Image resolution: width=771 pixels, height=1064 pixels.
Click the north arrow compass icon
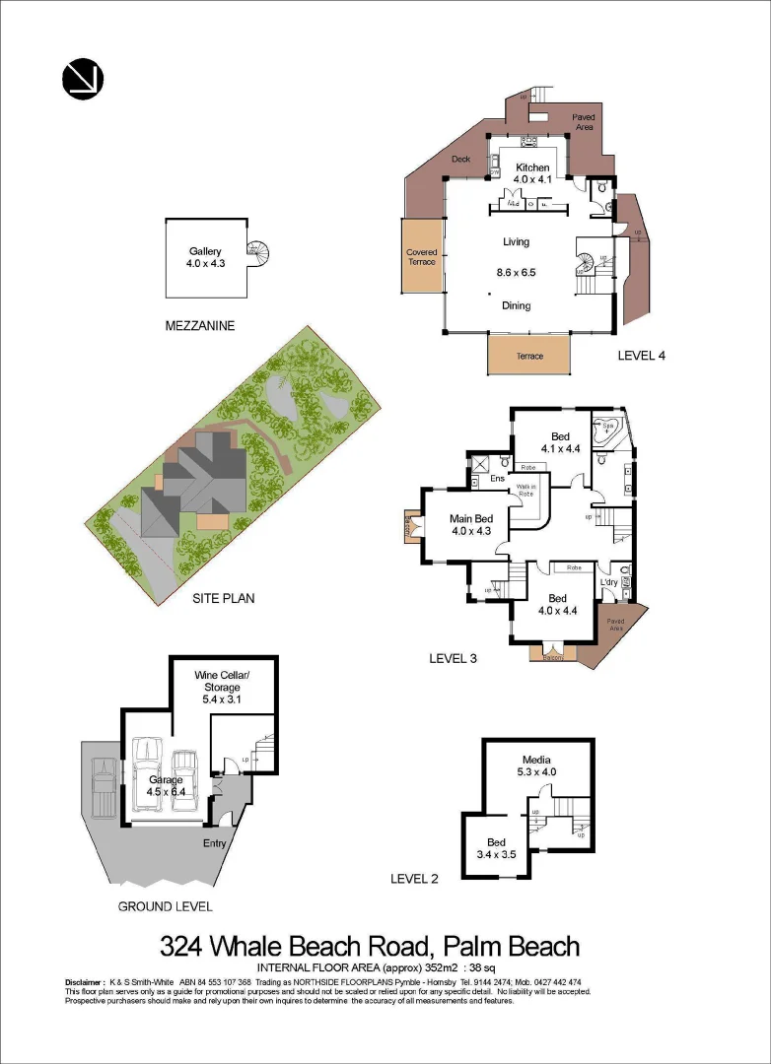(83, 79)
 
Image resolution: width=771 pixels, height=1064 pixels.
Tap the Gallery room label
(206, 251)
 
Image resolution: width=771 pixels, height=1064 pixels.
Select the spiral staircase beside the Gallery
(259, 254)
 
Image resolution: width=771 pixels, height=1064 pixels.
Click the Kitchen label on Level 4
(532, 167)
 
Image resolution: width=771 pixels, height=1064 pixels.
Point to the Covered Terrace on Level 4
(422, 257)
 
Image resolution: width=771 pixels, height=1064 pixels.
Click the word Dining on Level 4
(516, 305)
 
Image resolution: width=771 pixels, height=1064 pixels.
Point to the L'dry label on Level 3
(610, 581)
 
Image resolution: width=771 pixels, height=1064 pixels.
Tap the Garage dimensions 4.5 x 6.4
(165, 790)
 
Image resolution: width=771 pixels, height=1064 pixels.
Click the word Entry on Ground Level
(214, 843)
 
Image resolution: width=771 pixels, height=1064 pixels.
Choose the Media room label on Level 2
(535, 760)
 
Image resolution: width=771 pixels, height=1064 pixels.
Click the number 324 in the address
(183, 948)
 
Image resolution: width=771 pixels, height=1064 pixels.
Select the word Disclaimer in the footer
(85, 982)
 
